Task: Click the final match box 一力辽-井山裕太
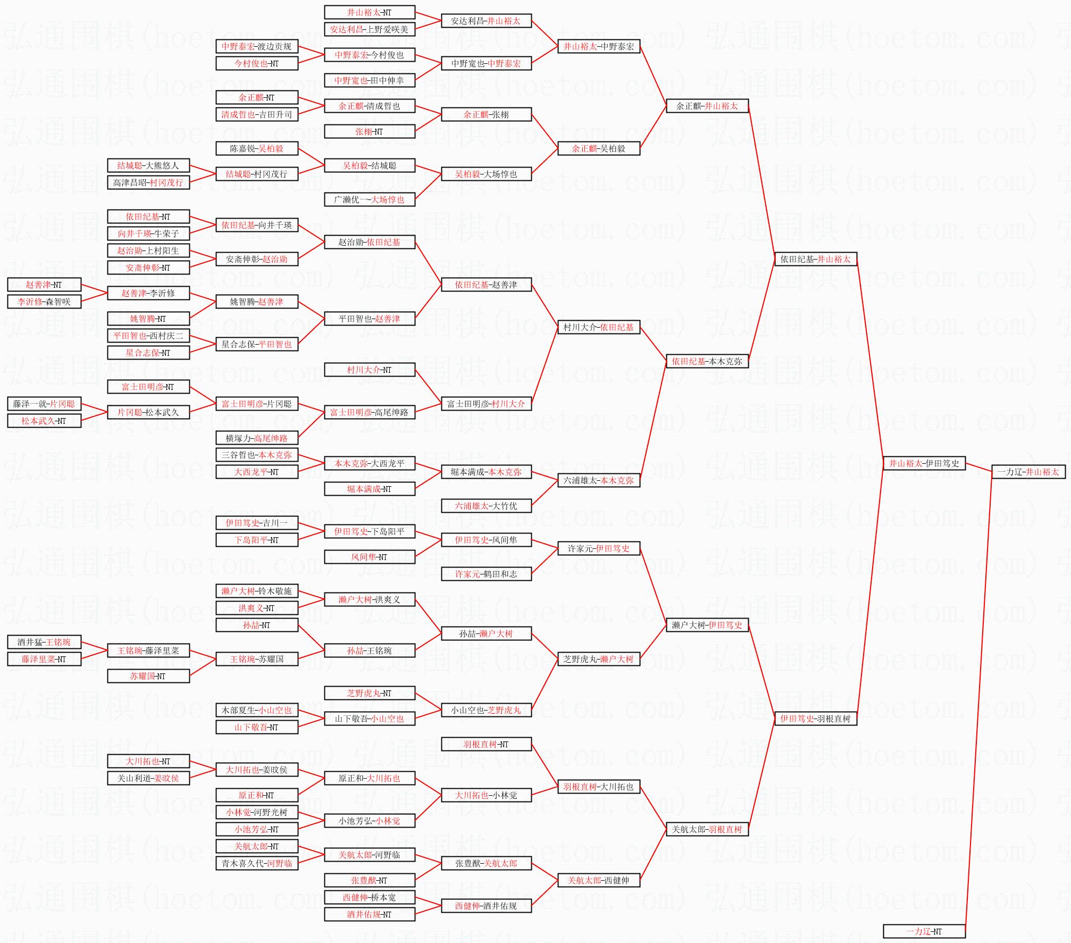[1028, 472]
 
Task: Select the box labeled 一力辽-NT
[924, 931]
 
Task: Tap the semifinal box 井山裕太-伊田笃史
[924, 463]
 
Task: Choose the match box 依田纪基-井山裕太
[815, 259]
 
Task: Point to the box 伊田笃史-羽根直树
[815, 719]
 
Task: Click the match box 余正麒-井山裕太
[707, 106]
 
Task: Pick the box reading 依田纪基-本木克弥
[707, 361]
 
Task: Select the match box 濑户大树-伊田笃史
[707, 625]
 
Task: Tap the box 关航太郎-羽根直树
[707, 829]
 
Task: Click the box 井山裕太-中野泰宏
[599, 46]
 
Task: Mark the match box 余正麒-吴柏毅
[599, 148]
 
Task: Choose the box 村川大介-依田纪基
[599, 327]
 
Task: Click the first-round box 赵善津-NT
[44, 285]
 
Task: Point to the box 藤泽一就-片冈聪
[44, 404]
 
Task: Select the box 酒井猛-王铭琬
[44, 642]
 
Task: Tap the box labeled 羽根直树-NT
[486, 744]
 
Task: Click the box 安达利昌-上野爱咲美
[369, 29]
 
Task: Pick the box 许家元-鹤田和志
[486, 574]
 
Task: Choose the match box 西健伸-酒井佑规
[486, 906]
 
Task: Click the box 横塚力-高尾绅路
[257, 438]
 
